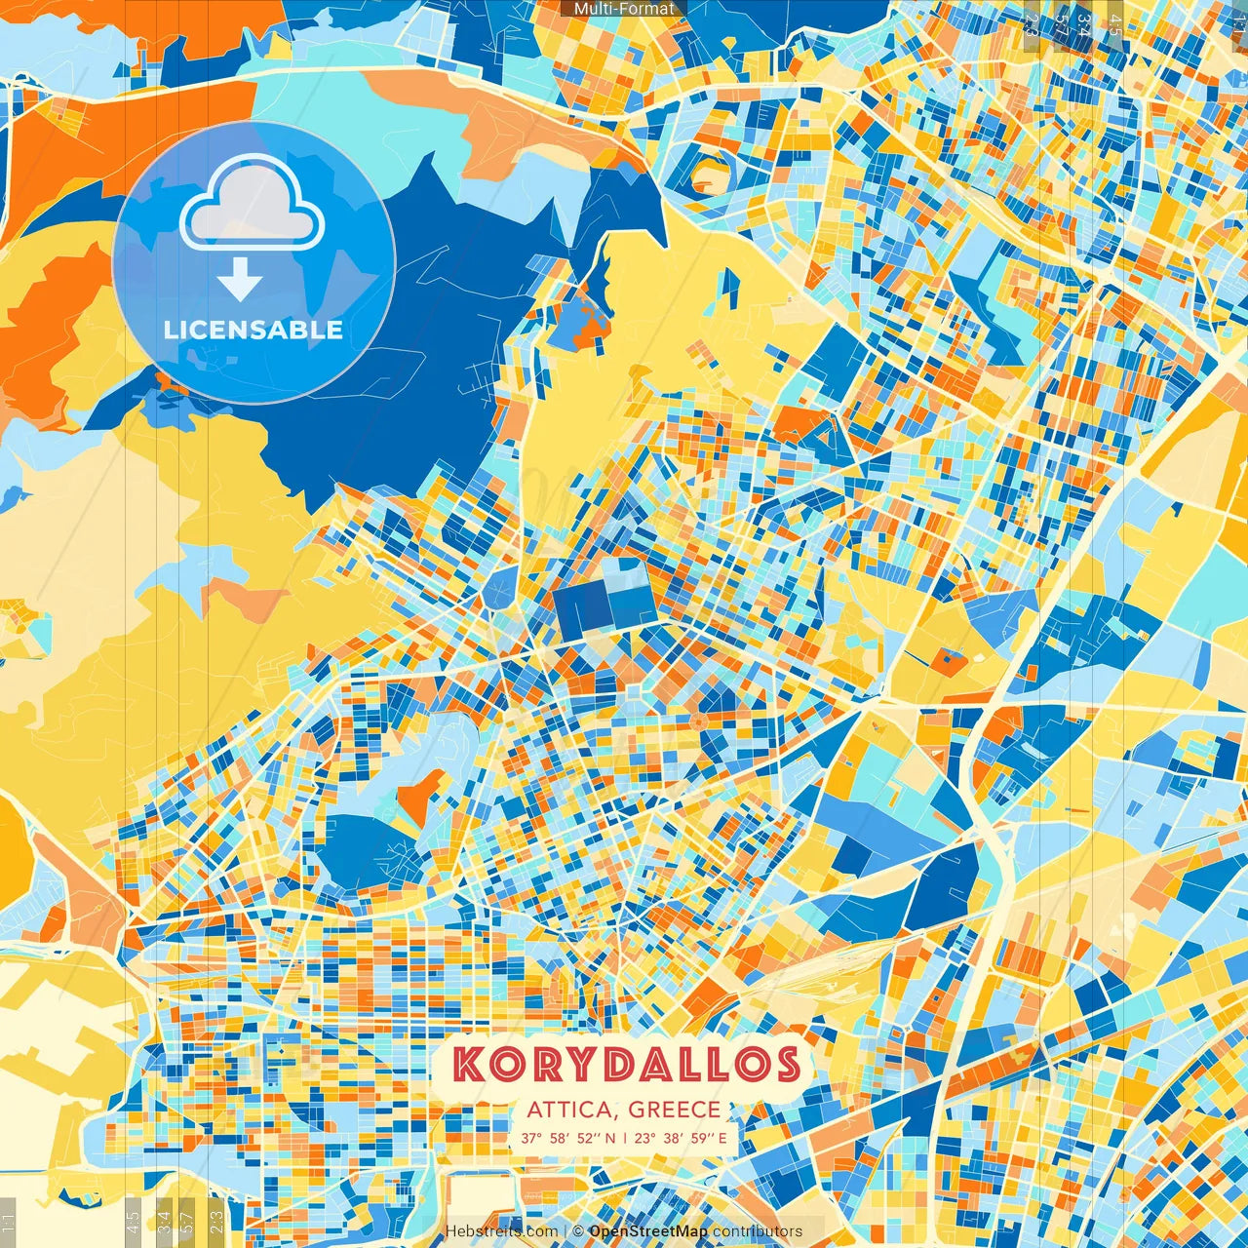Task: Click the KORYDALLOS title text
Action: tap(626, 1065)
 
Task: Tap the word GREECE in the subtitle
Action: tap(675, 1110)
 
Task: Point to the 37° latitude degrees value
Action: tap(531, 1137)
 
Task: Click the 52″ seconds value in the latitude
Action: tap(590, 1137)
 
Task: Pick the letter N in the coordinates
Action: tap(610, 1137)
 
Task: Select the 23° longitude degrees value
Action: tap(644, 1137)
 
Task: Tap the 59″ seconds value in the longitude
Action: tap(702, 1137)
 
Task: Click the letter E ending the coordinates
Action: tap(722, 1137)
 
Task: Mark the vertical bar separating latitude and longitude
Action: tap(625, 1137)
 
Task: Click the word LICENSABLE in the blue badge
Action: tap(253, 330)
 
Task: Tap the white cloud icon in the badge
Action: tap(253, 206)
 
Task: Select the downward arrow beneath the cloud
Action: tap(240, 281)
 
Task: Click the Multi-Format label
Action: tap(624, 9)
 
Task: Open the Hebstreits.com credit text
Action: tap(502, 1231)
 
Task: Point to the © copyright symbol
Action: tap(577, 1231)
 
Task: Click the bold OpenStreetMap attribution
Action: tap(648, 1231)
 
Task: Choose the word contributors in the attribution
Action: tap(758, 1231)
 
